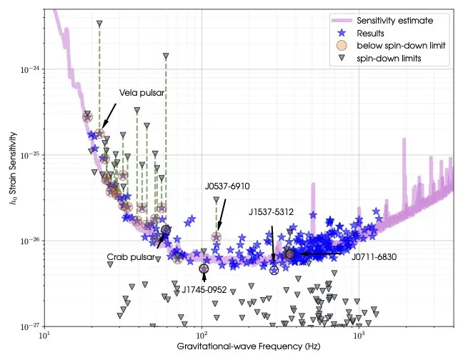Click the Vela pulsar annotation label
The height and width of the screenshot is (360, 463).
point(141,94)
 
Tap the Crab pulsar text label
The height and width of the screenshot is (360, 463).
point(131,256)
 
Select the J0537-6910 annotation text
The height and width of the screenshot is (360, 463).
point(226,186)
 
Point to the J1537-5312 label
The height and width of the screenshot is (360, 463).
point(272,212)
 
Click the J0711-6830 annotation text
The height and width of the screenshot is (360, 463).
point(374,256)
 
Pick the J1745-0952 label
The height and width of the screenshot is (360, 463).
point(204,290)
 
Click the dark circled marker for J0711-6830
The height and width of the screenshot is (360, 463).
point(289,254)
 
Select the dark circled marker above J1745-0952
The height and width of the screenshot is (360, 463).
point(204,269)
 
